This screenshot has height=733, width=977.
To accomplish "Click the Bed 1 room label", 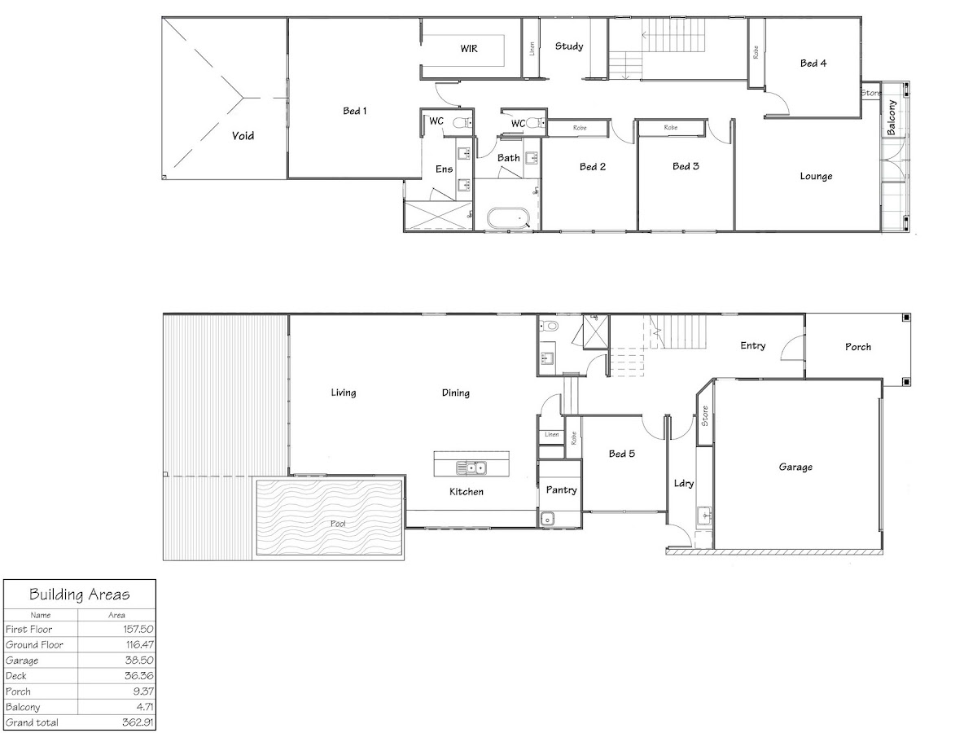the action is pos(355,111).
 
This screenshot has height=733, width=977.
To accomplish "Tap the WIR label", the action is pos(469,49).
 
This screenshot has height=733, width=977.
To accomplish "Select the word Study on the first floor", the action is pos(569,46).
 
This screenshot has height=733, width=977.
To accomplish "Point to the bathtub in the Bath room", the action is pos(508,218).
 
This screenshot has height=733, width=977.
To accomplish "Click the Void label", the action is pos(243,136).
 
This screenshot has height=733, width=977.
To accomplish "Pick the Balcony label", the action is pos(891,117).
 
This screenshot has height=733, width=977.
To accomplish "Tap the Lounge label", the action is pos(816,176).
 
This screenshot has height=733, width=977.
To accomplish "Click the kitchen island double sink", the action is pos(471,467).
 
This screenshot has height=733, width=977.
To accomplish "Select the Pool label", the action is pos(338,524).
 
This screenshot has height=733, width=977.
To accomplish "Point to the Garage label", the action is pos(795,467).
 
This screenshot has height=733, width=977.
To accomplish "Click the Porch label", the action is pos(857,347).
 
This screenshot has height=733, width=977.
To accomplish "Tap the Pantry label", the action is pos(561,490).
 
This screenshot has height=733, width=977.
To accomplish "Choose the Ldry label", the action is pos(684,483).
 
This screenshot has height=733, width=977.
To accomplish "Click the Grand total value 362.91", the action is pos(138,722).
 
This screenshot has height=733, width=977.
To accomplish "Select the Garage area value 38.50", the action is pos(139,660).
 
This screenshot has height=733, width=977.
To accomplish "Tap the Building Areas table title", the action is pos(79,595).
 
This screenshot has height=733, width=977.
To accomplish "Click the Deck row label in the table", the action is pos(16,676).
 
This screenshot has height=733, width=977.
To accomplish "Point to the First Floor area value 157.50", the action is pos(138,629).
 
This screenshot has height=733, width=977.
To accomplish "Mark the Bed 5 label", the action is pos(622,454).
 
